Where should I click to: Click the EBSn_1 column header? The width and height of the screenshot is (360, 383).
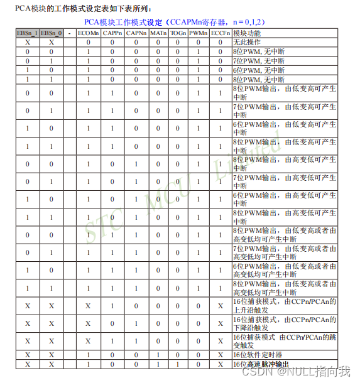point(27,33)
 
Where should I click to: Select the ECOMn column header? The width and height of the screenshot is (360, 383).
point(89,33)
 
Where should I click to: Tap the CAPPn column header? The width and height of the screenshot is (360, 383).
point(112,33)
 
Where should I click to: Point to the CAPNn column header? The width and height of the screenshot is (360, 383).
point(136,33)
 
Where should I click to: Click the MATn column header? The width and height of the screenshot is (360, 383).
point(158,33)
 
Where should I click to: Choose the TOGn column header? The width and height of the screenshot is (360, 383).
point(178,33)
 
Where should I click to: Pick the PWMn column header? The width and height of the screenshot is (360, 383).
point(199,33)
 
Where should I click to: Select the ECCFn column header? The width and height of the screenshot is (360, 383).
point(220,33)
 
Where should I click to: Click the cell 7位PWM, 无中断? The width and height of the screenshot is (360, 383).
point(258,61)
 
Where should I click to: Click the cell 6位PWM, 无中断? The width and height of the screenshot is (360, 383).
point(258,70)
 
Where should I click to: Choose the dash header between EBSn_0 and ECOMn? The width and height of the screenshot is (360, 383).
point(69,33)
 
